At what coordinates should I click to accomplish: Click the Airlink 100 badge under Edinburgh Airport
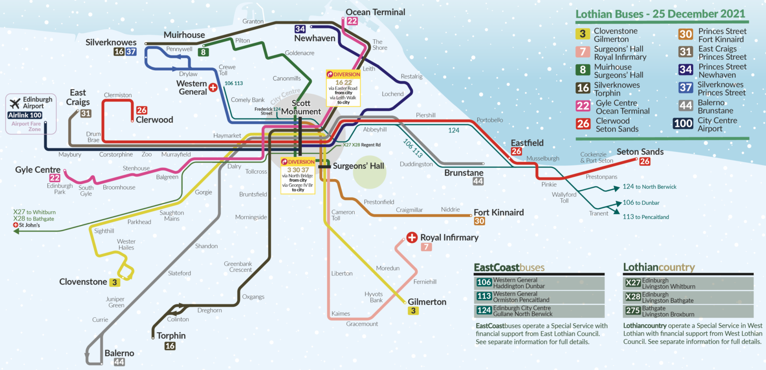(25, 115)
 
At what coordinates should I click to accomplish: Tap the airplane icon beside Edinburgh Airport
(14, 103)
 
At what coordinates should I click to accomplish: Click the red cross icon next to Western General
(213, 88)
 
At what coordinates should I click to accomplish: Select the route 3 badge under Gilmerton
(413, 311)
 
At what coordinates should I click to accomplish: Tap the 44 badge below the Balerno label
(119, 362)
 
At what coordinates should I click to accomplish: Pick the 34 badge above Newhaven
(300, 29)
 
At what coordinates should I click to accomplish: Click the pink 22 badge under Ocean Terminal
(352, 21)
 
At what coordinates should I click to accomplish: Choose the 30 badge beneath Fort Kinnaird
(479, 221)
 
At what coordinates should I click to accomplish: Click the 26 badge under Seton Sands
(645, 161)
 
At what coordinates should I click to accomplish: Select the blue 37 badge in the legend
(686, 89)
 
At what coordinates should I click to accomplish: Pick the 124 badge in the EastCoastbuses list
(484, 311)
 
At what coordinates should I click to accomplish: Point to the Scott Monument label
(301, 108)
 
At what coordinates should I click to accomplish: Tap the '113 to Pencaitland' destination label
(646, 217)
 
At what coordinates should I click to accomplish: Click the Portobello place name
(490, 120)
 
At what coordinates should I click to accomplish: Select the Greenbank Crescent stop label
(238, 266)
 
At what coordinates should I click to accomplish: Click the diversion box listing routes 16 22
(344, 88)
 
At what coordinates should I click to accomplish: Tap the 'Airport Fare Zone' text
(26, 126)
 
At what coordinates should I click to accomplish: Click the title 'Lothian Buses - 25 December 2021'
(660, 14)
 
